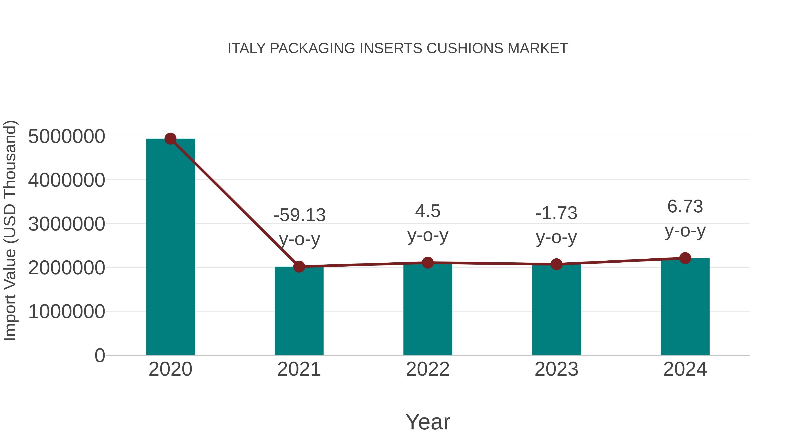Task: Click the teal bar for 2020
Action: click(x=170, y=247)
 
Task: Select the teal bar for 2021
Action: click(x=299, y=311)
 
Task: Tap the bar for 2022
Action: click(x=427, y=309)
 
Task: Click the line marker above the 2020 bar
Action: click(x=170, y=139)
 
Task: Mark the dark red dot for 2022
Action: click(x=427, y=262)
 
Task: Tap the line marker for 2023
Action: click(x=556, y=264)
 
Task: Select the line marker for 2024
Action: click(x=685, y=258)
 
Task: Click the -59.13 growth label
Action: click(x=299, y=215)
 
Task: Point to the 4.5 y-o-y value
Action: click(x=428, y=212)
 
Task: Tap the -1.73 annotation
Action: click(x=556, y=213)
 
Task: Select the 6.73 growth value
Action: click(x=685, y=207)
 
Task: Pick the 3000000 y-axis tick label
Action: click(x=66, y=224)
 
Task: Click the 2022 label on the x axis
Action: click(x=427, y=369)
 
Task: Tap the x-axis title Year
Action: click(x=428, y=422)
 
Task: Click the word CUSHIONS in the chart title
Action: click(x=465, y=48)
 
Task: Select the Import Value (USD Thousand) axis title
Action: click(x=10, y=230)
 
